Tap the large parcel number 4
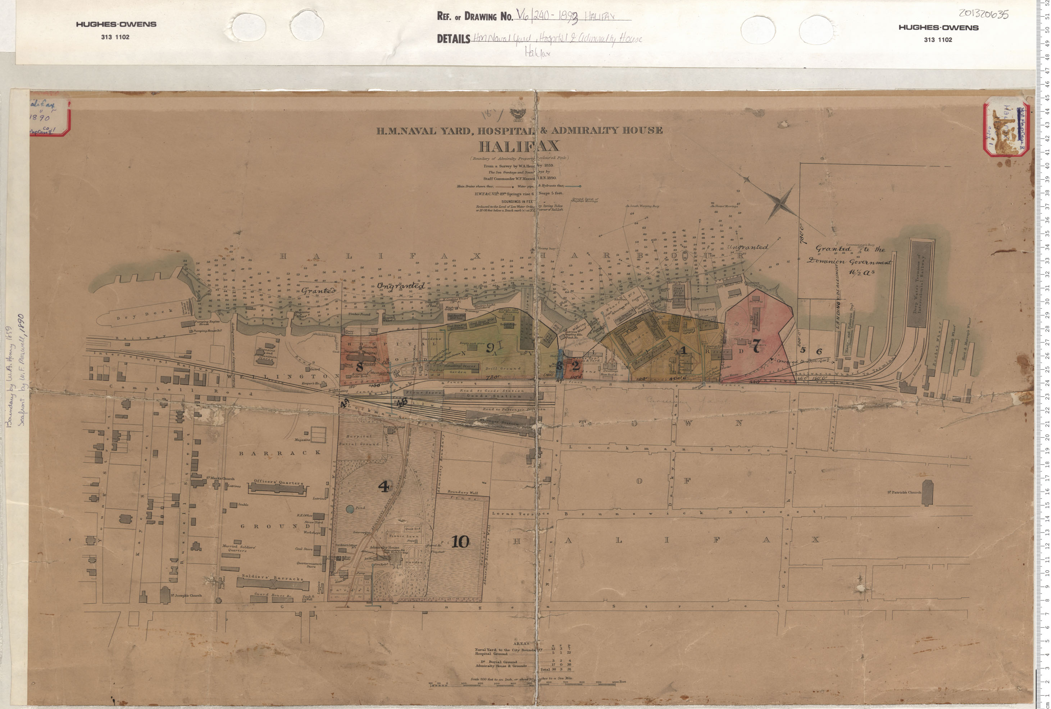pyautogui.click(x=383, y=486)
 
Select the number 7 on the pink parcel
pyautogui.click(x=755, y=346)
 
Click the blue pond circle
pyautogui.click(x=350, y=509)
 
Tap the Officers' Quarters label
pyautogui.click(x=278, y=482)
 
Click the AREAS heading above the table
pyautogui.click(x=521, y=643)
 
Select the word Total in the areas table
pyautogui.click(x=545, y=669)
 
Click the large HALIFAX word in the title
pyautogui.click(x=519, y=146)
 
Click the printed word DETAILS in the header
pyautogui.click(x=453, y=39)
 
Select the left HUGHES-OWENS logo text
pyautogui.click(x=116, y=24)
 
